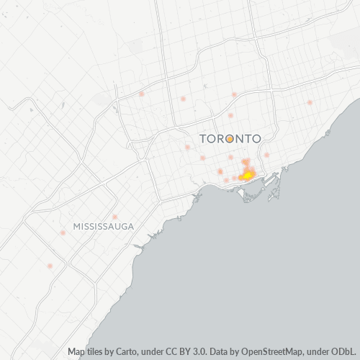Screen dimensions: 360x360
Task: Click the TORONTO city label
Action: tap(229, 138)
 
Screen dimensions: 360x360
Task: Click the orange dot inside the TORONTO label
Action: tap(229, 138)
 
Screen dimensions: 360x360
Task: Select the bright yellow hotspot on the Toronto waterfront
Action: tap(247, 175)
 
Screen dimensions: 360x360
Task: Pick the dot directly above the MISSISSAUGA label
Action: tap(114, 216)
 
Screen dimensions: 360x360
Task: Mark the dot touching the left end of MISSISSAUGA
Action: tap(63, 232)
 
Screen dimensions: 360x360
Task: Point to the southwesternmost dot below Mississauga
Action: tap(50, 266)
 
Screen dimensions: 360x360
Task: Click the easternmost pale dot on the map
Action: tap(310, 102)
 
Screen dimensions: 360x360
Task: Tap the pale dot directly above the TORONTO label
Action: tap(230, 115)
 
